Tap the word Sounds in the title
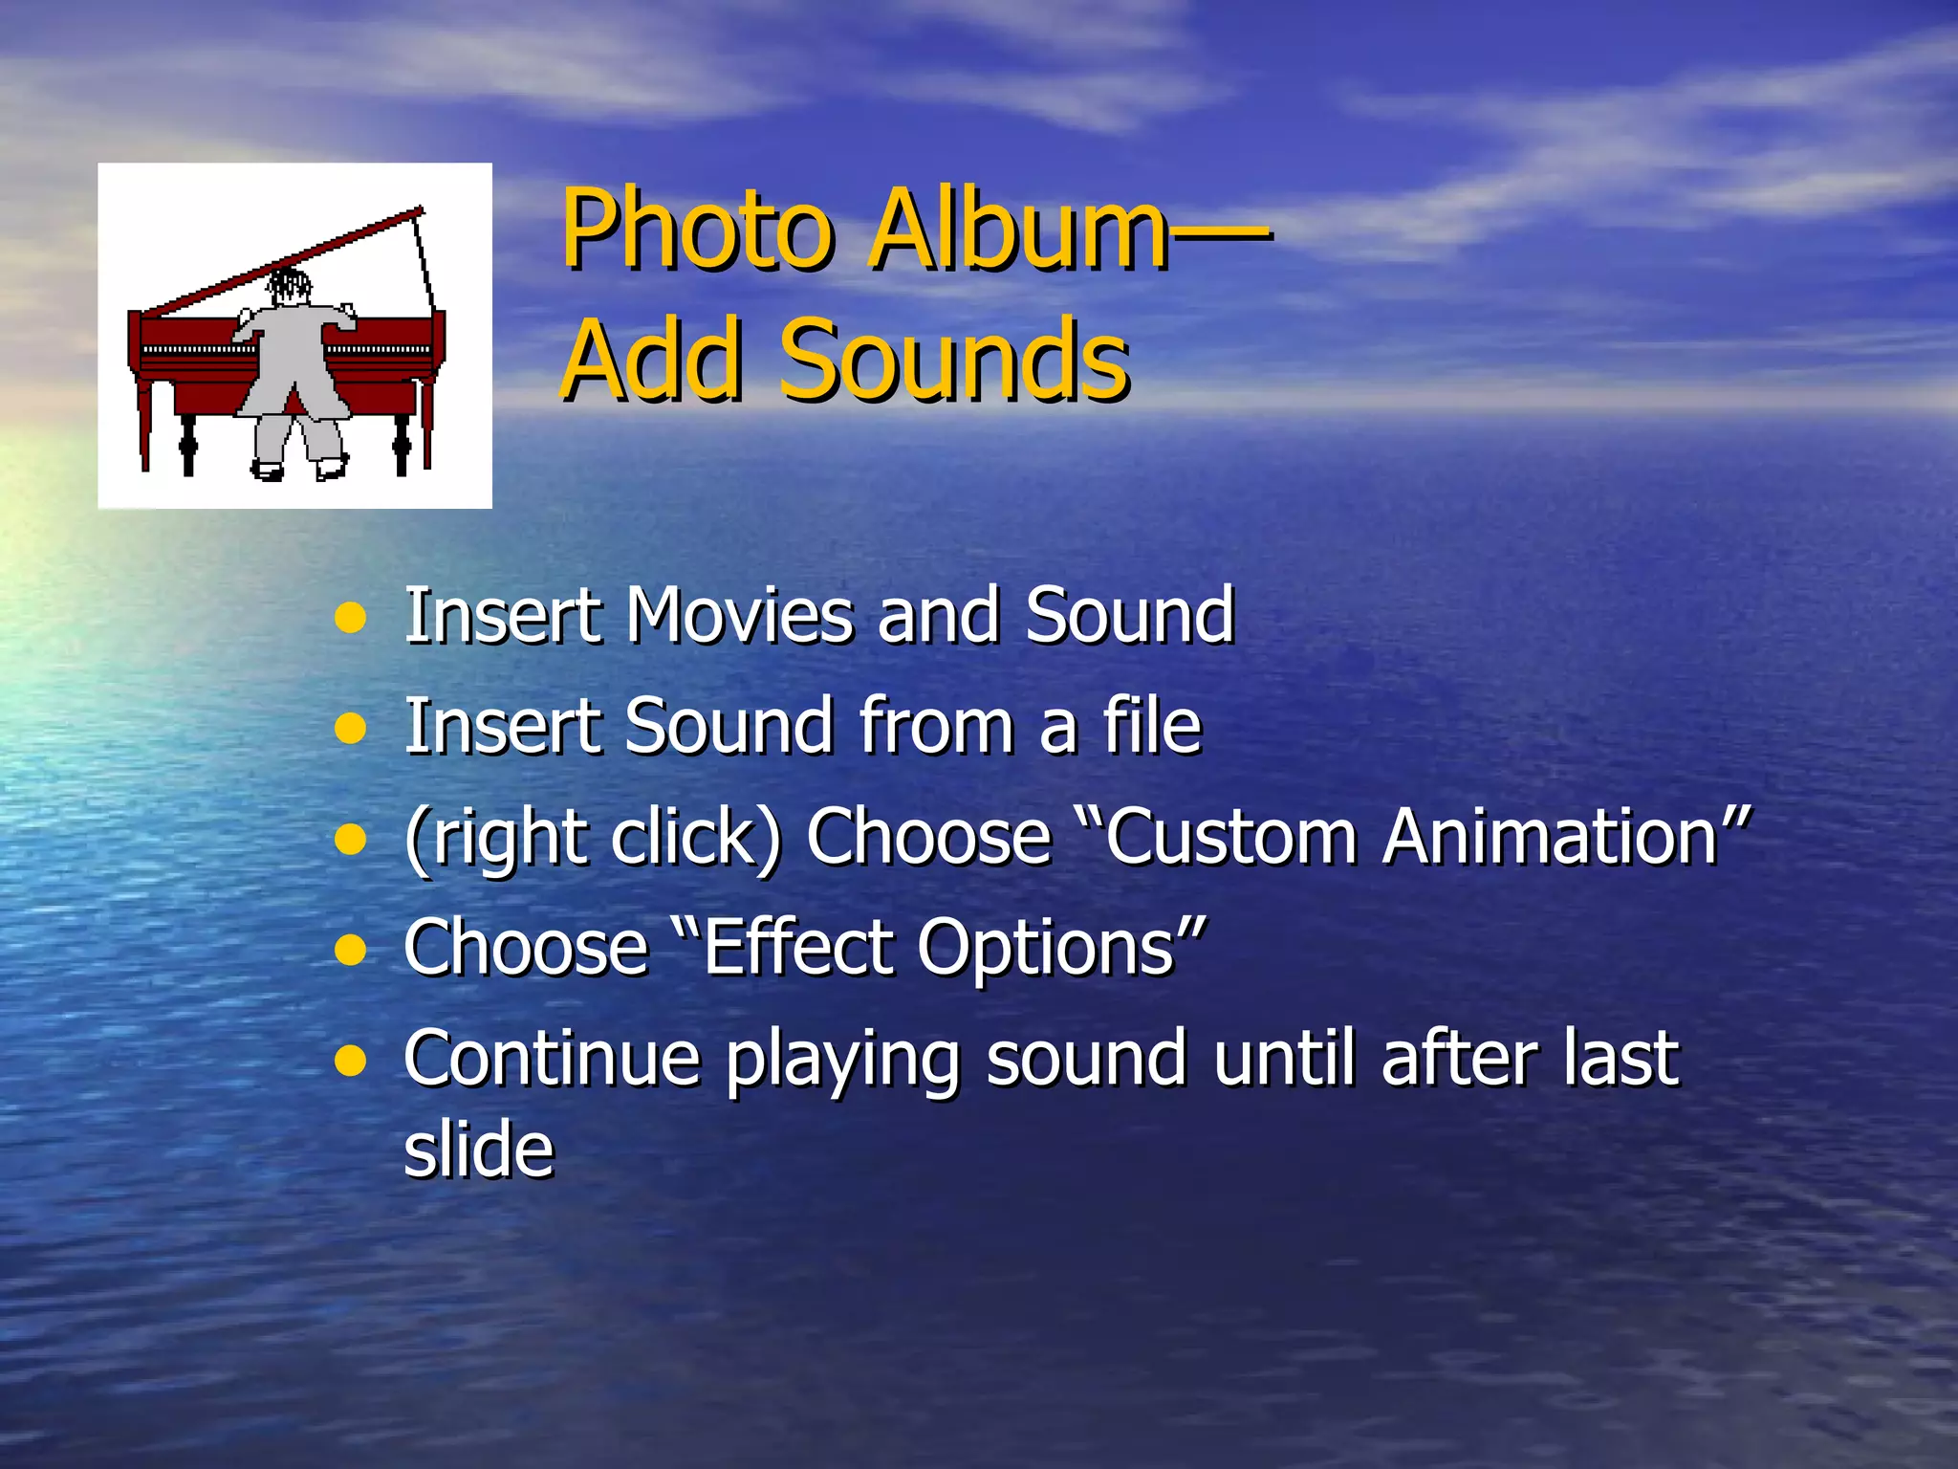pyautogui.click(x=954, y=361)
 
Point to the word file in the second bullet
pyautogui.click(x=1151, y=726)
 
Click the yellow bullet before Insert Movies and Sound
pyautogui.click(x=351, y=618)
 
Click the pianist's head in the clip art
pyautogui.click(x=289, y=285)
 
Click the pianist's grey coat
pyautogui.click(x=287, y=363)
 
